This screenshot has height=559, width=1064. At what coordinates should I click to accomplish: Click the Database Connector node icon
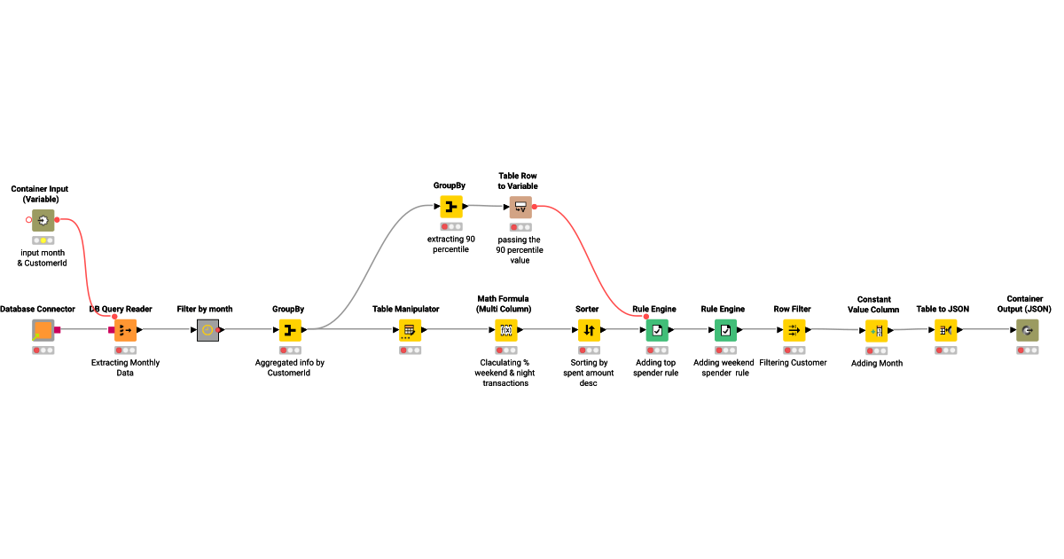(x=43, y=330)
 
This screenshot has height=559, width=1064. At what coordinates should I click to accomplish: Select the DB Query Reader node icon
(x=125, y=330)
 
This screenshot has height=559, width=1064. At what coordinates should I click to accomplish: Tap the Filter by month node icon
(x=207, y=330)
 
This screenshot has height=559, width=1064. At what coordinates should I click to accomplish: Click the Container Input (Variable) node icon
(x=43, y=220)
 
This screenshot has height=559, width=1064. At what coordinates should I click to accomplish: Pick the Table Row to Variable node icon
(x=520, y=208)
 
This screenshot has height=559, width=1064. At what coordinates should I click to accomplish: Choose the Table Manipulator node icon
(x=409, y=330)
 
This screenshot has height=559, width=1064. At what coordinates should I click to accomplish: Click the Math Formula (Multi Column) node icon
(x=505, y=330)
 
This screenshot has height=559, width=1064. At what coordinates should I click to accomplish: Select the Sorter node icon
(x=590, y=330)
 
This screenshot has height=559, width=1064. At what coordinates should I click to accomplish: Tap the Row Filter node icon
(x=794, y=330)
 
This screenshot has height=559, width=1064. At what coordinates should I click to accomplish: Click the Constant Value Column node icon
(x=876, y=331)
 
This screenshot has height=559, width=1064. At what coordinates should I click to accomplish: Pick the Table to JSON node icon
(x=945, y=330)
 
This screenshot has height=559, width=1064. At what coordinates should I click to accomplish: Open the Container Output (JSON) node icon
(x=1028, y=330)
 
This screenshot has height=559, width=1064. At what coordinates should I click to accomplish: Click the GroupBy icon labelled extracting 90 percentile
(x=450, y=207)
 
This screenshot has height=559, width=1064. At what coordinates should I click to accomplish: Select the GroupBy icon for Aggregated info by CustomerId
(x=290, y=330)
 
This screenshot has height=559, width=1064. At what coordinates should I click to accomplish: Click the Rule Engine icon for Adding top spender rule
(x=657, y=330)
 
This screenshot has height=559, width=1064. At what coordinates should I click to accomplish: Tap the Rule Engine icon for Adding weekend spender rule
(x=725, y=330)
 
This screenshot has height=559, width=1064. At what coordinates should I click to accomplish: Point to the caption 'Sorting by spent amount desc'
(x=589, y=373)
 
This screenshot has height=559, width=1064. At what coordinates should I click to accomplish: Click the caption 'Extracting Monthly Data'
(x=125, y=367)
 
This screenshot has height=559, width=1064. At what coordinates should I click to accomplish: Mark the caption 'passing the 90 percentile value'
(x=520, y=249)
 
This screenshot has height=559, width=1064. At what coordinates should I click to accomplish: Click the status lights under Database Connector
(x=43, y=350)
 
